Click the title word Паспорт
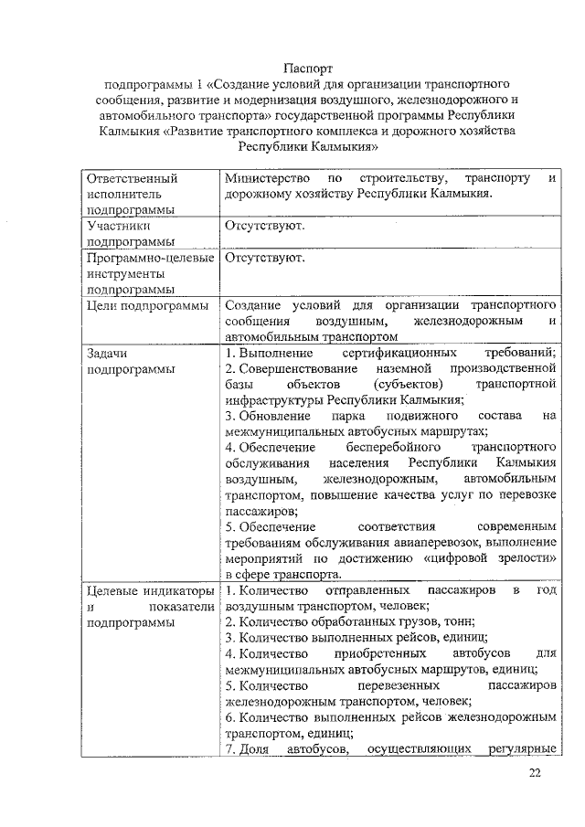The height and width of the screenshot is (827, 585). pos(308,69)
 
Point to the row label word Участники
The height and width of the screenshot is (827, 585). pos(118,225)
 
